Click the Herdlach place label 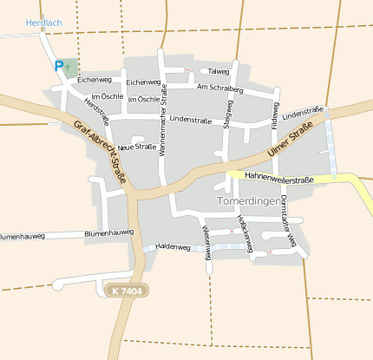point(43,23)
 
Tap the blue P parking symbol point(58,65)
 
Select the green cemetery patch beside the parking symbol point(70,68)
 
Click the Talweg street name point(219,71)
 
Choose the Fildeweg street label point(275,116)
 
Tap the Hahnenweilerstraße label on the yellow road point(278,178)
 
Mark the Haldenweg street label point(172,246)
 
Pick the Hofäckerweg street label point(247,235)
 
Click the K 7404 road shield point(127,291)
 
